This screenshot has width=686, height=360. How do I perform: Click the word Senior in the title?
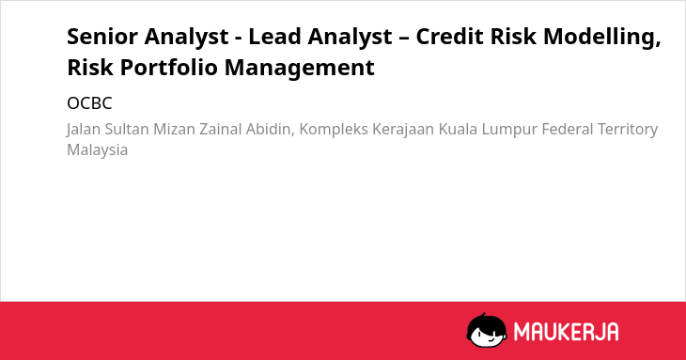[x=102, y=37]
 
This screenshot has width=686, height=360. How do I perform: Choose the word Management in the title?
[x=300, y=69]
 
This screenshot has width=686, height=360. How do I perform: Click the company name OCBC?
[x=89, y=103]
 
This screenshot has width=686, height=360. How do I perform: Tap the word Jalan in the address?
[x=84, y=130]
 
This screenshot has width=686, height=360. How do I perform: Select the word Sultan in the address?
[x=127, y=130]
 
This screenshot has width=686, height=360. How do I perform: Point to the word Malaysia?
[x=97, y=150]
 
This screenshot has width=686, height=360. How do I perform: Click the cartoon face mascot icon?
[x=486, y=330]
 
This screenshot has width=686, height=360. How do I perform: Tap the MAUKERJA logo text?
[x=566, y=332]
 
